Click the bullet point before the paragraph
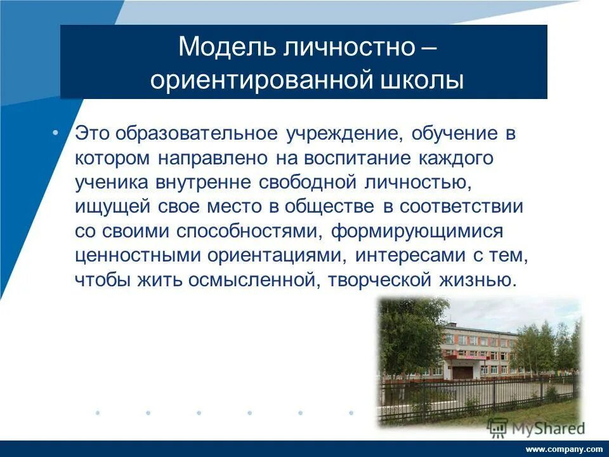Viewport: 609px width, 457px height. click(55, 132)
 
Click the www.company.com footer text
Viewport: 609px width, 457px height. click(564, 449)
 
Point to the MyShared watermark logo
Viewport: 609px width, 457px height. click(537, 427)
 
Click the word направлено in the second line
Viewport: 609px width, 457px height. click(218, 158)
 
